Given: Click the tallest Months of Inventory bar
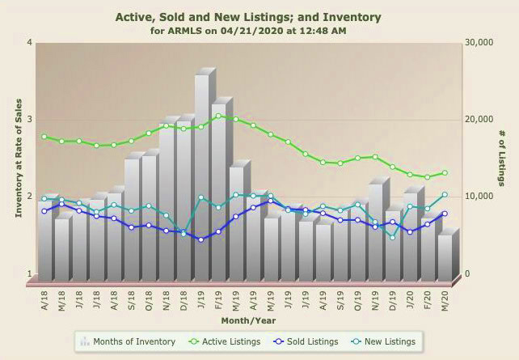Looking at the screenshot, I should coord(202,178).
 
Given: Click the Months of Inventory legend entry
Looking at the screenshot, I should coord(129,341).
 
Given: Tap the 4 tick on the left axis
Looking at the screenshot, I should coord(29,42).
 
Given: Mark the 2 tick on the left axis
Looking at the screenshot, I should coord(29,197).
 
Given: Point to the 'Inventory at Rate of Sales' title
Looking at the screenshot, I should coord(17,158).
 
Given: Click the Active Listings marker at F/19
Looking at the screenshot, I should coord(219,116).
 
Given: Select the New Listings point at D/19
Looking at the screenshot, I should coord(393,237).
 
